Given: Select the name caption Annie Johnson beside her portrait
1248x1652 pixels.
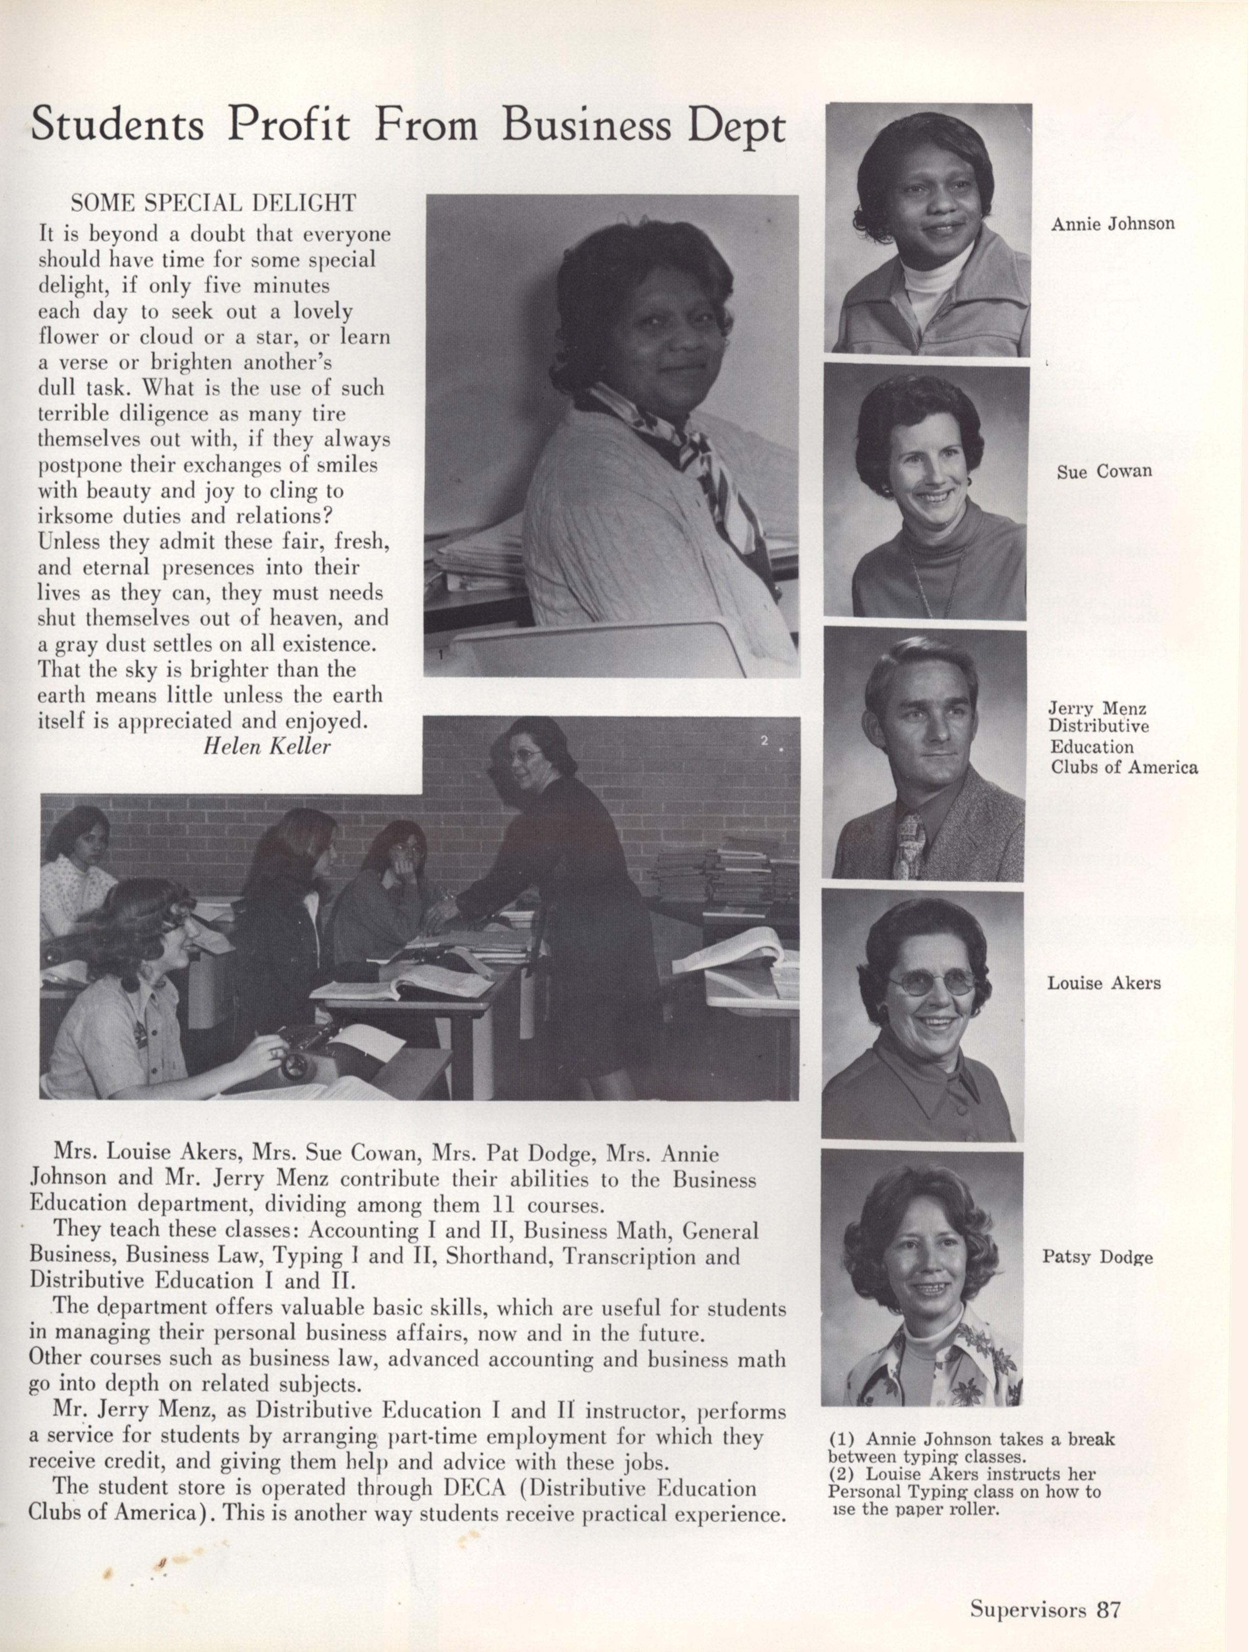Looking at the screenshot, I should (x=1112, y=224).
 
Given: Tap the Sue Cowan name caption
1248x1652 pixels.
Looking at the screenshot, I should (x=1104, y=471).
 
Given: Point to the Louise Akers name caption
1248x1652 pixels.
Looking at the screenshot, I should (x=1103, y=983).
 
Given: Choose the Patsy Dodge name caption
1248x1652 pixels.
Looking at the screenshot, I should (x=1097, y=1257).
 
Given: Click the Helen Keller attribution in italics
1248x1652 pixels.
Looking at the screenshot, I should (x=266, y=747).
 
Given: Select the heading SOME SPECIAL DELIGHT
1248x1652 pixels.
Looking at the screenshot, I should (x=213, y=203).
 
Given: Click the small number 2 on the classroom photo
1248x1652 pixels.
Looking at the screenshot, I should (x=764, y=741).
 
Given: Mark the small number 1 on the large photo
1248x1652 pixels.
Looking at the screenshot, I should (x=441, y=654).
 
